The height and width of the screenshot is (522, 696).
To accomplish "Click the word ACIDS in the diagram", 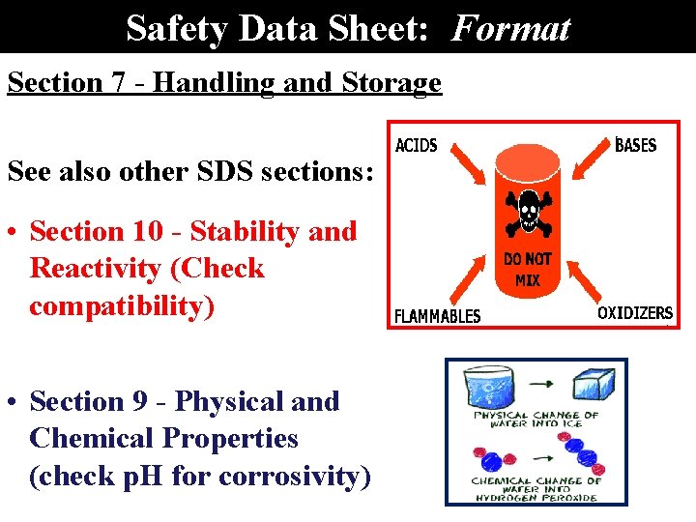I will point(417,146).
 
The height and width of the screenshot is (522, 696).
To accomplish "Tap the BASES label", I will point(635,145).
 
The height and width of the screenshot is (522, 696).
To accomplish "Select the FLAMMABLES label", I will point(437,316).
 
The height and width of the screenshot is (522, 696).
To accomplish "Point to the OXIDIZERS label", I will point(634,312).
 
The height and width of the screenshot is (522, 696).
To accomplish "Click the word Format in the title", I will point(511,28).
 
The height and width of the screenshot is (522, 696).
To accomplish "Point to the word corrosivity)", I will point(295,476).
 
